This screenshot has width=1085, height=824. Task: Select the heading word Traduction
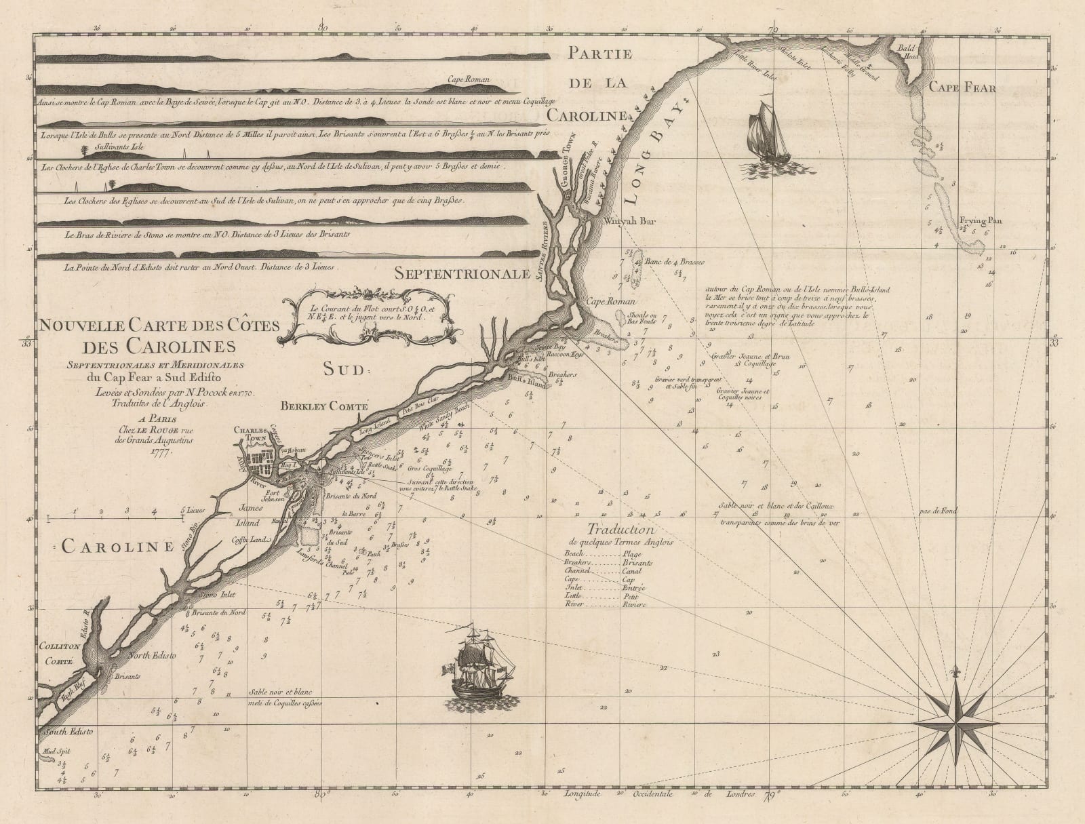tap(620, 530)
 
